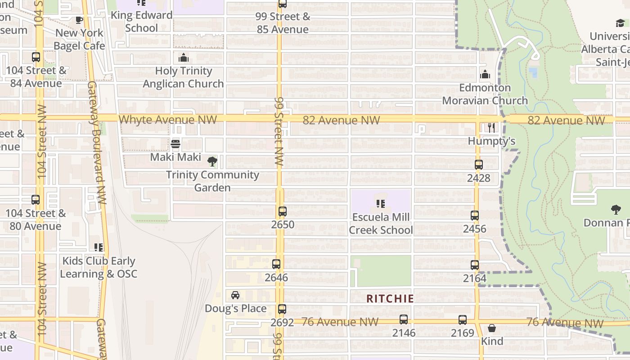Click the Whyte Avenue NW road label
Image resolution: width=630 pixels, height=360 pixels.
point(168,120)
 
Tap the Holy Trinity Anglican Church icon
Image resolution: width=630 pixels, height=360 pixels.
point(184,58)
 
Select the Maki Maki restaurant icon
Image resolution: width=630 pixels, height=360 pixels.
point(175,144)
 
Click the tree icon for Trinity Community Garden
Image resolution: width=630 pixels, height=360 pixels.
point(212,162)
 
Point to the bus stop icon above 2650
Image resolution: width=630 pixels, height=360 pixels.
point(283,211)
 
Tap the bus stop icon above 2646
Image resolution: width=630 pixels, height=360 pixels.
point(276,264)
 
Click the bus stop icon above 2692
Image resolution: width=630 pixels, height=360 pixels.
point(282,309)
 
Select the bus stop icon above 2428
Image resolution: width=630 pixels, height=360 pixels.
point(478,165)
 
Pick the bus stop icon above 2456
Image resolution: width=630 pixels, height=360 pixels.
point(475,216)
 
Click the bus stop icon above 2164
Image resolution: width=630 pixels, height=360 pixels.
point(475,265)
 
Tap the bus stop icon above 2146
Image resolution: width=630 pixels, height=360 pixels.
point(404,320)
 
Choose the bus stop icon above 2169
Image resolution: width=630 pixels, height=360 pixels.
point(463,320)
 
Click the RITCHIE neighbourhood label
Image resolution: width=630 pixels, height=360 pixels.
point(390,299)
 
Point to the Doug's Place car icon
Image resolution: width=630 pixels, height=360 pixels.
point(235,295)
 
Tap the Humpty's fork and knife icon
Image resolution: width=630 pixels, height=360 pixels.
point(491,128)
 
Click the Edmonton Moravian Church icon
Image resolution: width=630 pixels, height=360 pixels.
point(485,75)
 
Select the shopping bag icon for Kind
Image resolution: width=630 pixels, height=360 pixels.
point(492,328)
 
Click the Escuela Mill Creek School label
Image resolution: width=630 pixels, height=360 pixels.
point(381,224)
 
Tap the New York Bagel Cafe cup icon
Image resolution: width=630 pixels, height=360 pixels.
point(79,20)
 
